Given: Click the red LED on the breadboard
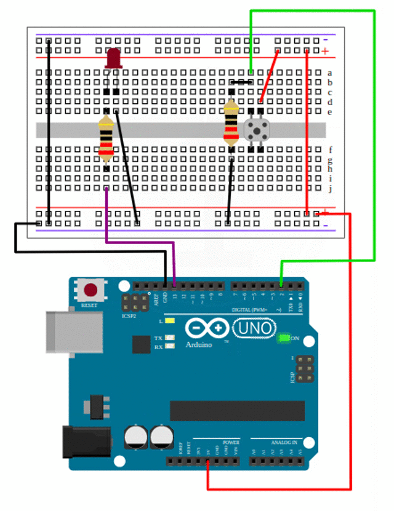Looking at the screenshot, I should pos(113,58).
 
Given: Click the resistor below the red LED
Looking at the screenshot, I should pos(107,138).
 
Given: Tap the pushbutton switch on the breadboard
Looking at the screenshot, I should pos(255,130).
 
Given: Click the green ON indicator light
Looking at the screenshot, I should pos(283,338).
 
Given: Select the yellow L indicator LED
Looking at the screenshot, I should pos(169,321).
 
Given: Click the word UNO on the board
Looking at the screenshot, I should pos(254,328).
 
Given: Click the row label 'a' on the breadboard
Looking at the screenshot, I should pos(330,73).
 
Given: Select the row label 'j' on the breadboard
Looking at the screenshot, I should pos(330,189).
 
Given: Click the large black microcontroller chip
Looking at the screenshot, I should pos(237,411).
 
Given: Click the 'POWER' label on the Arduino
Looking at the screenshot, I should pos(231,442).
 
